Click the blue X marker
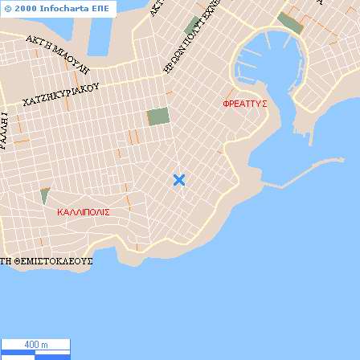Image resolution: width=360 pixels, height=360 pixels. [x=179, y=180]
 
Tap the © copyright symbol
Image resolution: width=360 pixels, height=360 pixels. [x=7, y=6]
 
